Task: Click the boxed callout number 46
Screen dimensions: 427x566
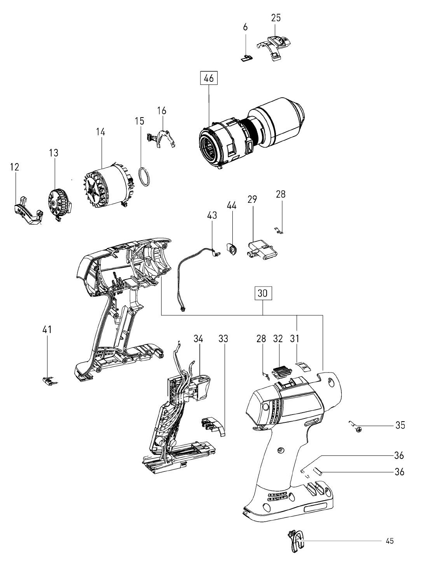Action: click(x=209, y=78)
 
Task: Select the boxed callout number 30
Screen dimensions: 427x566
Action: click(x=263, y=293)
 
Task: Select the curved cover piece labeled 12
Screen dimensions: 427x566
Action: click(x=28, y=211)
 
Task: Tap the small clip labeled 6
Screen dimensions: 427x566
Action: click(x=247, y=58)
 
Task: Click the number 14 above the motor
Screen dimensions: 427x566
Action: click(x=100, y=132)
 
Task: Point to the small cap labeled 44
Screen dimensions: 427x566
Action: click(x=232, y=249)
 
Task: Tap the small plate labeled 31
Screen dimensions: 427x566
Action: click(x=303, y=366)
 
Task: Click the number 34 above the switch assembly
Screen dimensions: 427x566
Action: click(x=198, y=339)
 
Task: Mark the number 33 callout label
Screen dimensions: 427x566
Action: click(x=223, y=339)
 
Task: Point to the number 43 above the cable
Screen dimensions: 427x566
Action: click(x=212, y=215)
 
